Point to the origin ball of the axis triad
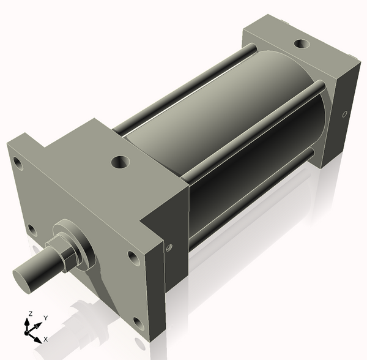(28, 331)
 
